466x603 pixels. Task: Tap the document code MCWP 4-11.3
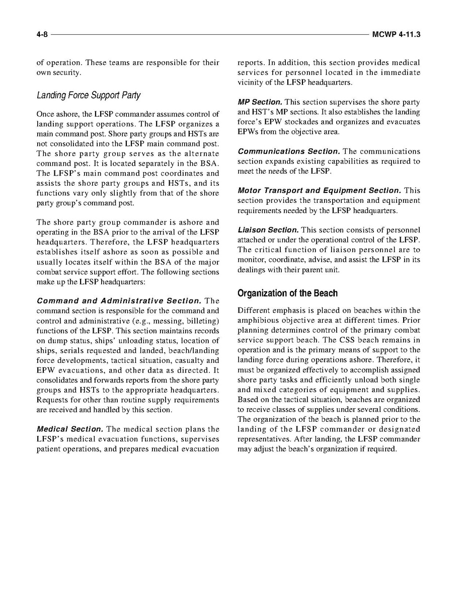point(396,35)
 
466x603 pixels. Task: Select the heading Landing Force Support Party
point(89,95)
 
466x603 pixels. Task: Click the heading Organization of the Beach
point(287,293)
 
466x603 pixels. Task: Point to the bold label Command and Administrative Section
point(119,301)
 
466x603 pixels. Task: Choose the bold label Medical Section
point(70,429)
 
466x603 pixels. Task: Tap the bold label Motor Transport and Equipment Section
point(319,191)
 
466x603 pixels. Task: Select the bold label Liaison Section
point(268,230)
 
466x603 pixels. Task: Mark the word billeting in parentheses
point(201,321)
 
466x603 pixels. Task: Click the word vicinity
point(250,83)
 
